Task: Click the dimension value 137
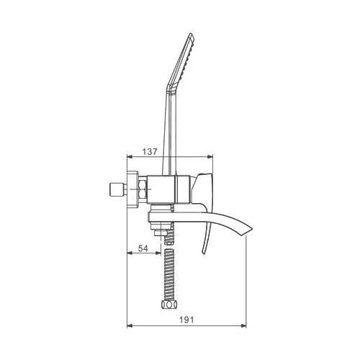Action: [x=150, y=152]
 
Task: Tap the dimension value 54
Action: [x=143, y=248]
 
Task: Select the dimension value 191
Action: [x=186, y=320]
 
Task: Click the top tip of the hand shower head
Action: [x=191, y=33]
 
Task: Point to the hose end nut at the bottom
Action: [x=169, y=305]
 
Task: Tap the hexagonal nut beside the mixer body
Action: [x=142, y=189]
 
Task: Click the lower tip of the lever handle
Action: [x=203, y=253]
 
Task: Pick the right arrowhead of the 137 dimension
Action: [x=210, y=157]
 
